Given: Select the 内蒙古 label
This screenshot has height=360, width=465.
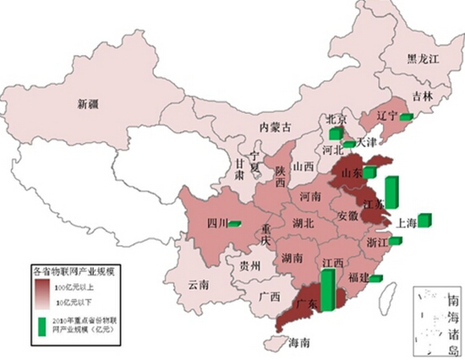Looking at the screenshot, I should pos(275,128).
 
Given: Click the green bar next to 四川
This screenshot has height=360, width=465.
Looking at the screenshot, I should pos(234,223).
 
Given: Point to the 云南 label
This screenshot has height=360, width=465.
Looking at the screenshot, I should pos(199,284).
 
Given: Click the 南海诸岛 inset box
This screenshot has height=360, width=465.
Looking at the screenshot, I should pos(436,322).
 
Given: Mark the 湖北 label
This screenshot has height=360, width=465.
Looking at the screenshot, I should pos(303,223).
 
